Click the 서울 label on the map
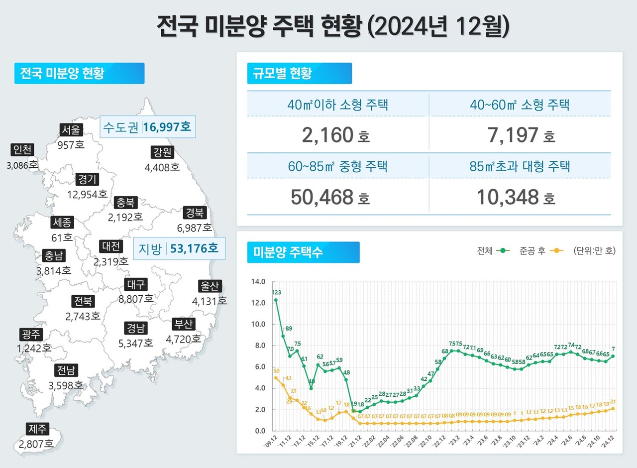[x=69, y=130]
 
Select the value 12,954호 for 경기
[x=87, y=194]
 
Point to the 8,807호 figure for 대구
[x=135, y=299]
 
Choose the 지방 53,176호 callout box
[x=179, y=248]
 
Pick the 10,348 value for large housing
[x=508, y=197]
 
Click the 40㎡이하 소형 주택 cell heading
[x=337, y=105]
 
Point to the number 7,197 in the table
[x=512, y=135]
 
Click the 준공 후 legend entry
[x=546, y=251]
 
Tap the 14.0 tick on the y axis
[x=259, y=282]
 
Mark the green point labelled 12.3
[x=276, y=300]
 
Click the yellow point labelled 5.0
[x=276, y=377]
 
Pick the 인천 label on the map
[x=22, y=150]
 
